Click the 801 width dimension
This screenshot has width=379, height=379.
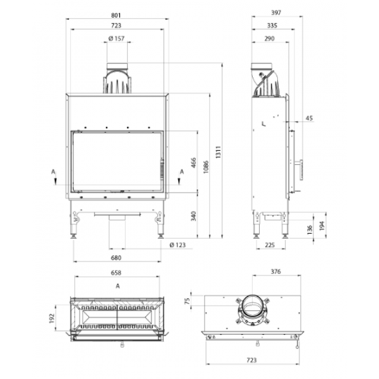116,15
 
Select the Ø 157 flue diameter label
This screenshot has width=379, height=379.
116,39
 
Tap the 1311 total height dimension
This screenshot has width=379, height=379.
219,152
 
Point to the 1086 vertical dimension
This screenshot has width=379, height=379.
206,167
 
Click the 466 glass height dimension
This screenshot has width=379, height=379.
194,163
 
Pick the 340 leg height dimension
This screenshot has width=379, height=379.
194,216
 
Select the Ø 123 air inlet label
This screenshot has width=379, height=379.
177,245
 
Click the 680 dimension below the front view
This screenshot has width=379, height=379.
116,258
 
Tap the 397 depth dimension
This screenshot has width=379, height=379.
276,13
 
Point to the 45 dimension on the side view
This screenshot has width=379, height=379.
309,118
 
